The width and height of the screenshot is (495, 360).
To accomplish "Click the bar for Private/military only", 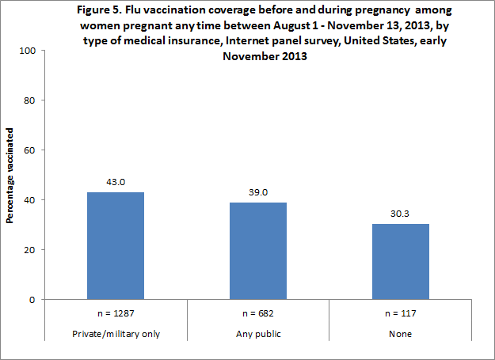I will (116, 245).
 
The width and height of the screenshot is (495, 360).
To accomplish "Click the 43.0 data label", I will (116, 182).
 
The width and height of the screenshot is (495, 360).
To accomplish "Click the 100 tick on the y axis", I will (29, 51).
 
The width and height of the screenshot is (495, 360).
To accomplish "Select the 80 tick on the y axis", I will (31, 100).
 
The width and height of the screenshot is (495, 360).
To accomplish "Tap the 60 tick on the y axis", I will (31, 150).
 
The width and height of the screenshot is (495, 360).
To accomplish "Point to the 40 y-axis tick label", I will (31, 200).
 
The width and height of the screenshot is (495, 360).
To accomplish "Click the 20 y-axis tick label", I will (31, 250).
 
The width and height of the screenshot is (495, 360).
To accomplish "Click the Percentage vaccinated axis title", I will (11, 174).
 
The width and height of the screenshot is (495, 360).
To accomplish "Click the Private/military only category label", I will (116, 333).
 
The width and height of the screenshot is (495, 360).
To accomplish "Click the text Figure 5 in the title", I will (82, 10).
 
